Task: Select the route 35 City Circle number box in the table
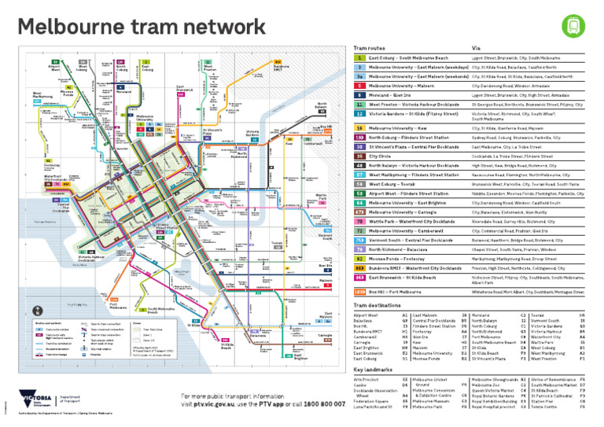pyautogui.click(x=359, y=156)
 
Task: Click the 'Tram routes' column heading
pyautogui.click(x=370, y=47)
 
